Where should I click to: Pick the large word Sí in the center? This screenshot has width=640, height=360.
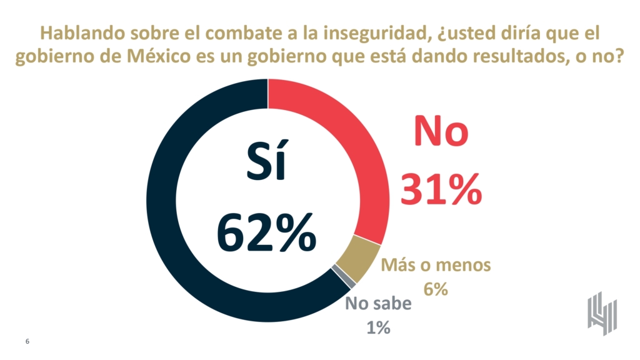tap(266, 164)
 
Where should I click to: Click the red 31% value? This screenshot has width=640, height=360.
tap(441, 188)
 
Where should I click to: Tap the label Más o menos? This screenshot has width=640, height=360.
tap(437, 266)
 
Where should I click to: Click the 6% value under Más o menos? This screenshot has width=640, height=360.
tap(436, 289)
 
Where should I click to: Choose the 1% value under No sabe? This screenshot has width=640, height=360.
tap(377, 327)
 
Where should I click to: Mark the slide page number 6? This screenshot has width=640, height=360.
tap(27, 341)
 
